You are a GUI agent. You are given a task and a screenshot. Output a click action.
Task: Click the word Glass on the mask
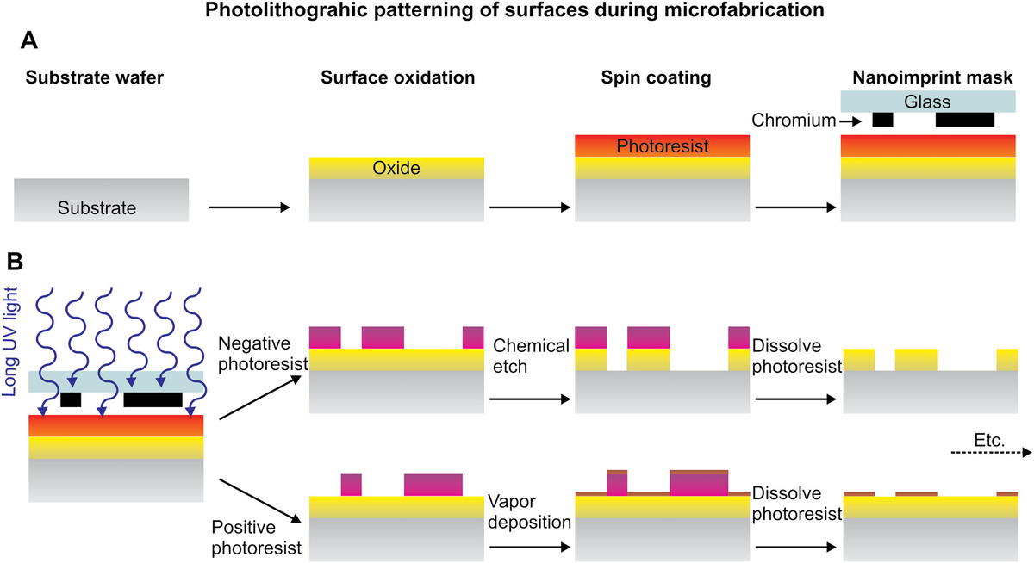(927, 102)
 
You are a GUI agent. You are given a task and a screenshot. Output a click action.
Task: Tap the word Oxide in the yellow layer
(396, 169)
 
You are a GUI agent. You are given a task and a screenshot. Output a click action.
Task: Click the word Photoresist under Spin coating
(662, 146)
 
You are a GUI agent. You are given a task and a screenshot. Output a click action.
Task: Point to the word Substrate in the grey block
(97, 207)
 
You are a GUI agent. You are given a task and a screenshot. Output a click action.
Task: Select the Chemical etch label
(531, 356)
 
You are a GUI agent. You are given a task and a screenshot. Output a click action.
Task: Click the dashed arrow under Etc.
(986, 452)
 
